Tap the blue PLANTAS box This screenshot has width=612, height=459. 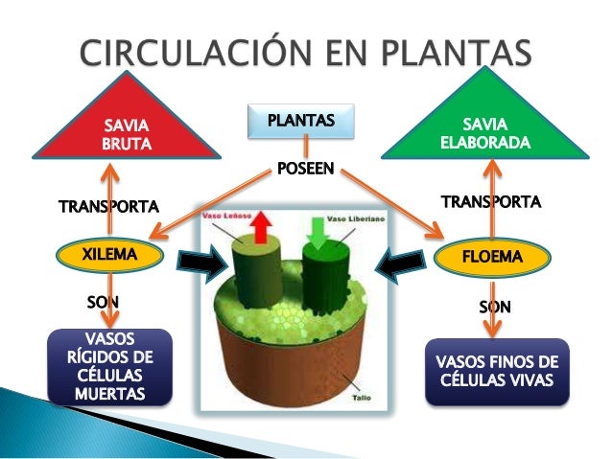pyautogui.click(x=300, y=122)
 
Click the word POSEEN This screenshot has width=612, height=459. pyautogui.click(x=305, y=170)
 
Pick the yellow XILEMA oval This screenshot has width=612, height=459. pyautogui.click(x=109, y=256)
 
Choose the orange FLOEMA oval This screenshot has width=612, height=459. pyautogui.click(x=492, y=258)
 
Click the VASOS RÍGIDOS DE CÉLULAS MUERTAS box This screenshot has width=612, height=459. pyautogui.click(x=110, y=367)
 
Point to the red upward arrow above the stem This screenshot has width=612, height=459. pyautogui.click(x=263, y=229)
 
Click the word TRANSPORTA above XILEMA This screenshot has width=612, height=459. pyautogui.click(x=107, y=206)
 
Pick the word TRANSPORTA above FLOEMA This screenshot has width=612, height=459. pyautogui.click(x=490, y=201)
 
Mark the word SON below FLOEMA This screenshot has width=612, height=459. pyautogui.click(x=495, y=308)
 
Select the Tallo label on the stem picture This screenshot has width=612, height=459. pyautogui.click(x=362, y=395)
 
